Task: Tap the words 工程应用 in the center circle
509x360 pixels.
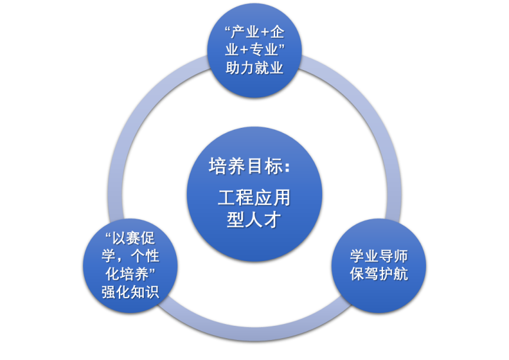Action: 254,197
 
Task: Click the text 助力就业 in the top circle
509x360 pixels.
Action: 254,68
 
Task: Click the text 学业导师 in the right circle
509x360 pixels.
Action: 379,257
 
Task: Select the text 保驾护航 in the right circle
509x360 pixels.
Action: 379,274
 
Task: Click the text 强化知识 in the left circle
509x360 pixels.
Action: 130,292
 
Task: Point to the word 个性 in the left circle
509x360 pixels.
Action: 145,257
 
